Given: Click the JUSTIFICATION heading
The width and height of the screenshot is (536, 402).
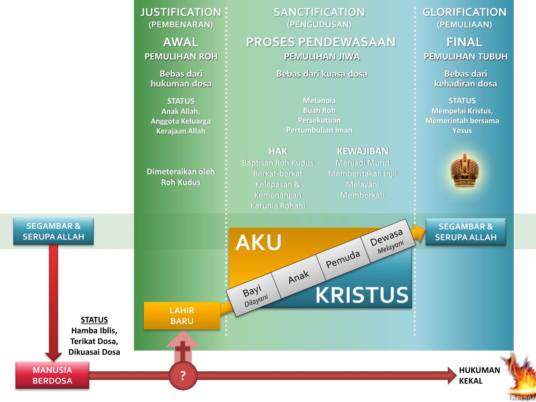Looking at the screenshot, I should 181,12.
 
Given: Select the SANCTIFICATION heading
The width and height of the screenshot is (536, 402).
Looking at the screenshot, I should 319,12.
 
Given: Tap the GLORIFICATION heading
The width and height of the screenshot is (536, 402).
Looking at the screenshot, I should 464,12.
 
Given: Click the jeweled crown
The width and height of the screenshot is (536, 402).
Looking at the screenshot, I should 464,170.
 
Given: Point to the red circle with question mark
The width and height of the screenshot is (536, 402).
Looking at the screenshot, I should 183,376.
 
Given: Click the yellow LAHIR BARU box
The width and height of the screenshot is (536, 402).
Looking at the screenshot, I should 182,315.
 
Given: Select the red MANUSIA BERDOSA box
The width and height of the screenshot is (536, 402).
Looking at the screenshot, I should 52,375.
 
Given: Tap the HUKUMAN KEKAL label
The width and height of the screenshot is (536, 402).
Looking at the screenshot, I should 479,375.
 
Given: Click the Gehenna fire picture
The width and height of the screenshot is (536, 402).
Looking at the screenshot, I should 521,377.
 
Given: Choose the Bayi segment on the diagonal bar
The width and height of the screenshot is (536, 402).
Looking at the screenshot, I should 253,295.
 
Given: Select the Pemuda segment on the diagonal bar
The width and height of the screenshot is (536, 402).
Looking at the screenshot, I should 343,259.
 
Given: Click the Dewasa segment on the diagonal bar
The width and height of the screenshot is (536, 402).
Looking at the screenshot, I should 387,241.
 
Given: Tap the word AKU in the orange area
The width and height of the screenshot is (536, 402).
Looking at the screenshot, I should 258,243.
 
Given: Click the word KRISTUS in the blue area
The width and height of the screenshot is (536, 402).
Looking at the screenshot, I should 362,295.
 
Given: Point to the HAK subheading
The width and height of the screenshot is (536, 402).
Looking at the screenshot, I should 278,151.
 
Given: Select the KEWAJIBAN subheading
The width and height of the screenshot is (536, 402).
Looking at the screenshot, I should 363,151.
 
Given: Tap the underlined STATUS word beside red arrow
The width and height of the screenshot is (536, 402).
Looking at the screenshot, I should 94,320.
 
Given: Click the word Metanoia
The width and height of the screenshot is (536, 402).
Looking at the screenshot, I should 319,100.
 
